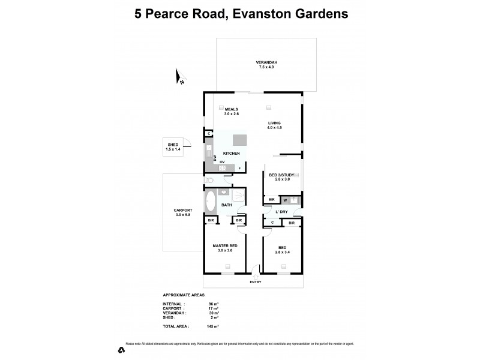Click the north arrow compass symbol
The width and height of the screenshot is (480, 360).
[179, 76]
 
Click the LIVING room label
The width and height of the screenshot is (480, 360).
[275, 122]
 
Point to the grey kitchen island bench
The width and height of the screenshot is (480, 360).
[239, 140]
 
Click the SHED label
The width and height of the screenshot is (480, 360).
[173, 145]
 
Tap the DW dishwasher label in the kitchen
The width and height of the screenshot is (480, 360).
[214, 158]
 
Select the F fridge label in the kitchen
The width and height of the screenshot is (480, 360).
[240, 169]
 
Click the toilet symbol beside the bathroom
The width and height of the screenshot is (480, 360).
[209, 180]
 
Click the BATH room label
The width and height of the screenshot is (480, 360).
[226, 205]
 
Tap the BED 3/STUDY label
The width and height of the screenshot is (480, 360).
[281, 175]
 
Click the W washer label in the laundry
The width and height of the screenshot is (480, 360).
[286, 200]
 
